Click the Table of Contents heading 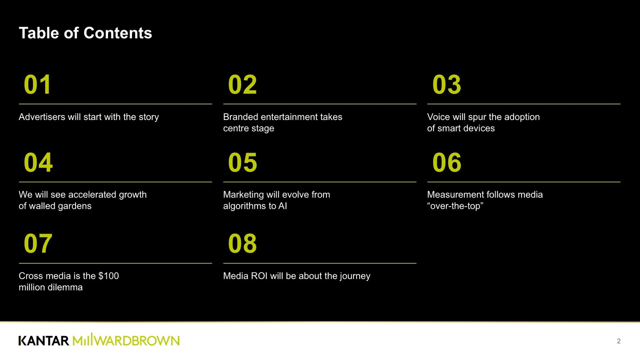[x=86, y=33]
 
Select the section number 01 [x=38, y=84]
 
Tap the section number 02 [x=242, y=84]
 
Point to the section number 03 [x=446, y=84]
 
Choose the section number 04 [x=38, y=162]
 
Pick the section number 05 [x=242, y=162]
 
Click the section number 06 [x=447, y=162]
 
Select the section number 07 [x=38, y=244]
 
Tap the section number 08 [x=242, y=244]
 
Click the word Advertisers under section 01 [x=42, y=117]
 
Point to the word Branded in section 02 [x=240, y=117]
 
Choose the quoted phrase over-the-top [x=455, y=206]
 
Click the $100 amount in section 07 [x=108, y=276]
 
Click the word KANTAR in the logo [x=44, y=340]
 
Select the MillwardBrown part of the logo [x=126, y=340]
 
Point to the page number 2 [x=618, y=341]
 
